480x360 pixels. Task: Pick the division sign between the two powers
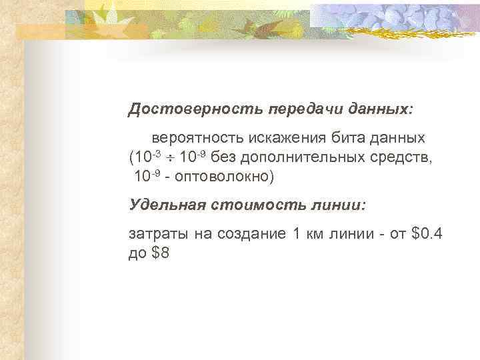pyautogui.click(x=171, y=158)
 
